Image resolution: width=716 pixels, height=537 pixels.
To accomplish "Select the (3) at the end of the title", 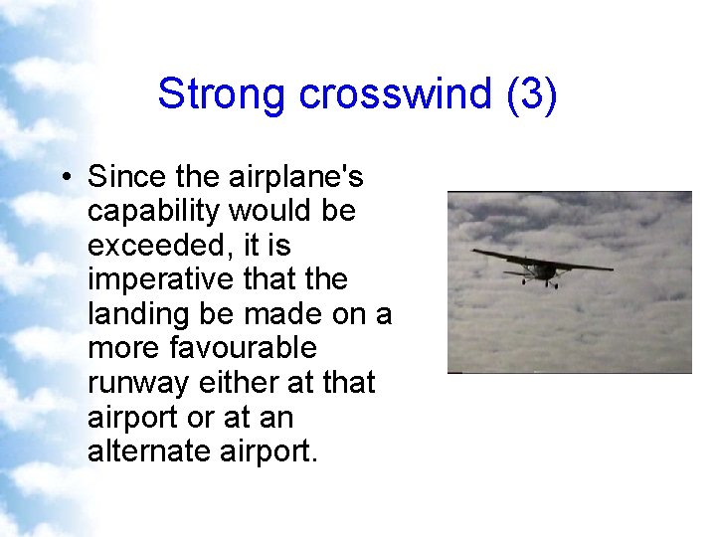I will tap(531, 94).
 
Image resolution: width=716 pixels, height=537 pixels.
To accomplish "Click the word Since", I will tap(124, 177).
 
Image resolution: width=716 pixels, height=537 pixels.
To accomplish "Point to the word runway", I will tap(142, 383).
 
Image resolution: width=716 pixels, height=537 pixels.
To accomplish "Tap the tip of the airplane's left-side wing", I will tap(473, 252).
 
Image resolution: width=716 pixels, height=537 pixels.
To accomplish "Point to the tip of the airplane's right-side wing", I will tap(612, 268).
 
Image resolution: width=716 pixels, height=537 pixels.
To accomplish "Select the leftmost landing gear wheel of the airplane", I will tap(525, 281).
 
